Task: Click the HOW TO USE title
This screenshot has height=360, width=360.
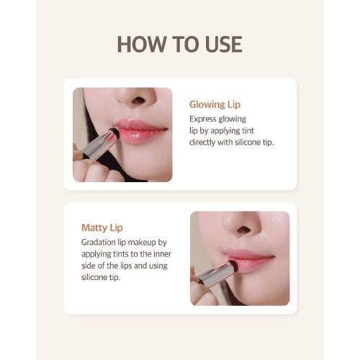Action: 179,44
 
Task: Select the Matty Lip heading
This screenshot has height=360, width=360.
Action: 103,228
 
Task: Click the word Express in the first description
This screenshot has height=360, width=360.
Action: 204,119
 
